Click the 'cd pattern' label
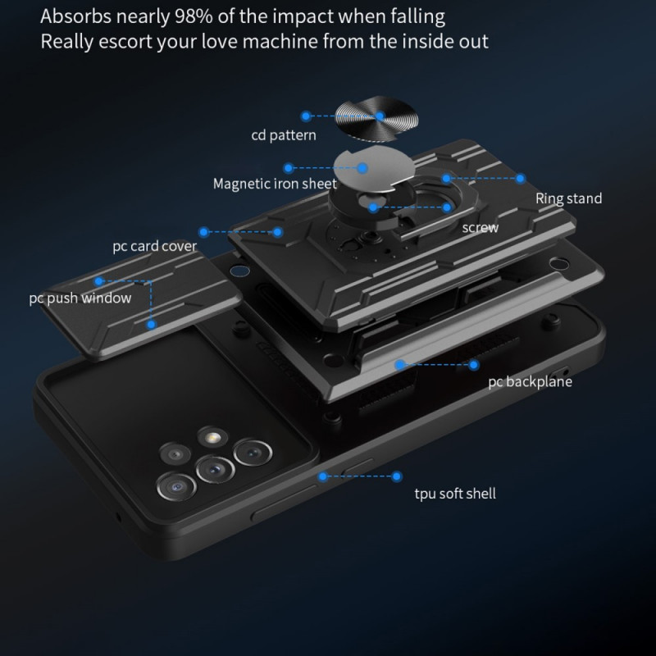coord(284,135)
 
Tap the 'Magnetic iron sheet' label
coord(275,184)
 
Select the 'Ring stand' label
coord(568,198)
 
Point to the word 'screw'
coord(481,228)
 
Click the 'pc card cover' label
coord(154,246)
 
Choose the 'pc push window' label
coord(80,298)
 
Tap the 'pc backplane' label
coord(530,381)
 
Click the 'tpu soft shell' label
coord(455,494)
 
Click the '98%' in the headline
coord(194,16)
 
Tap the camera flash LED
coord(212,438)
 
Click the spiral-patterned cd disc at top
coord(376,119)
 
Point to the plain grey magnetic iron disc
coord(374,169)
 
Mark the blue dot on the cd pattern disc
coord(380,116)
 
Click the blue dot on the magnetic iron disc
coord(362,168)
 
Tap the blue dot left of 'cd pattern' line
coord(306,116)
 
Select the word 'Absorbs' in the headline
coord(76,16)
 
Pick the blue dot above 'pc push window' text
coord(98,281)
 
